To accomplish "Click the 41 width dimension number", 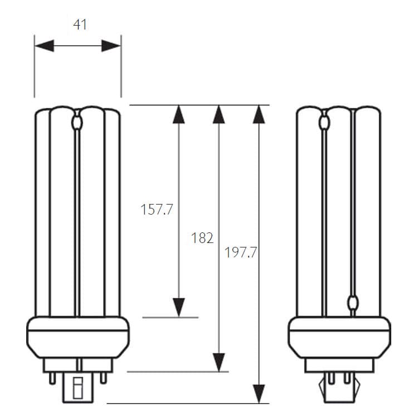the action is coord(80,25).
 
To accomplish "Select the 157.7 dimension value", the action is coord(157,209).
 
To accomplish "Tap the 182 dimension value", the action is coord(202,238).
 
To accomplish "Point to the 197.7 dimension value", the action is coord(241,252).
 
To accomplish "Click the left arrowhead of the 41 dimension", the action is coord(45,46).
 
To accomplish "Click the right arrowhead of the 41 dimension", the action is coord(111,46).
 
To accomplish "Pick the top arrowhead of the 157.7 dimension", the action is coord(178,115).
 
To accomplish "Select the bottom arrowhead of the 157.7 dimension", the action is coord(178,307).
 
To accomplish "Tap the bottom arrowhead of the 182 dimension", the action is coord(219,362).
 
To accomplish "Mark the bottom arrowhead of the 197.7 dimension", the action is coord(259,393).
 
